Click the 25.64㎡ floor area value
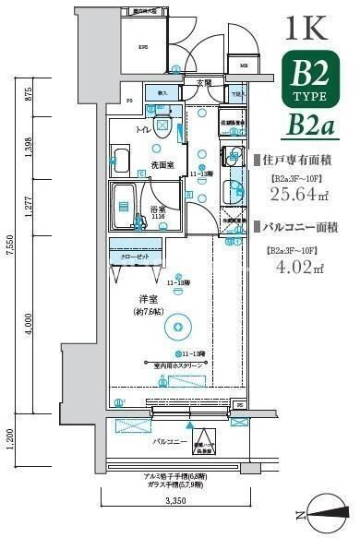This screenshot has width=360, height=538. [298, 193]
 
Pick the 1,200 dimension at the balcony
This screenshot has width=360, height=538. [11, 435]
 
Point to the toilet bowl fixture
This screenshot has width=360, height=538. [162, 128]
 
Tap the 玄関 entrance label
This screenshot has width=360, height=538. [204, 82]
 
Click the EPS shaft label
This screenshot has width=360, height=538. [143, 47]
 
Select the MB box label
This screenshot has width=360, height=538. [244, 66]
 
